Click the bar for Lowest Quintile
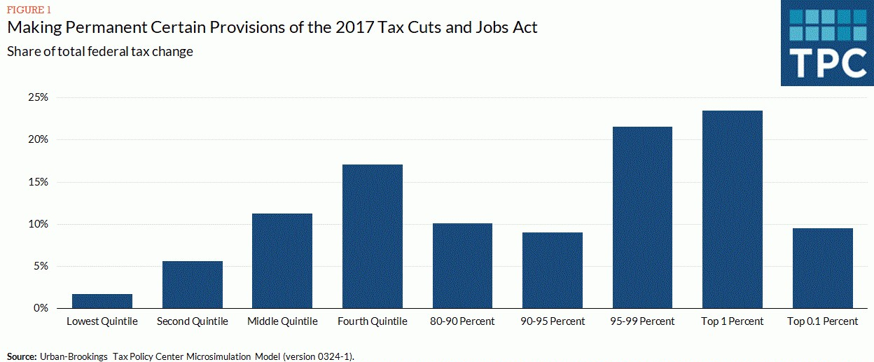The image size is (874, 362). pos(102,301)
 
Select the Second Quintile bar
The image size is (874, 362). pos(193,285)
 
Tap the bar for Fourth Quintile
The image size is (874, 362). pos(373,237)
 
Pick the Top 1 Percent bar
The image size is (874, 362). pos(733,209)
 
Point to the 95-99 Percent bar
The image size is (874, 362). pos(642,218)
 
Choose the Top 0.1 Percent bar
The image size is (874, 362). pos(823,268)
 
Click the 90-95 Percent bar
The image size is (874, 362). pos(553,270)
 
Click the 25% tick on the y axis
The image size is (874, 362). pos(38,97)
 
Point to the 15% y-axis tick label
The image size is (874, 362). pos(38,182)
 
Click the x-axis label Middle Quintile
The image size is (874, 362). pos(282,321)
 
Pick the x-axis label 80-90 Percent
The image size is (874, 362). pos(462,321)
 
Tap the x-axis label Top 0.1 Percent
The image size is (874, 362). pos(823,321)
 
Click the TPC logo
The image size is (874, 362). pos(827,43)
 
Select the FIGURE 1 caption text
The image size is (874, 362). pos(29,10)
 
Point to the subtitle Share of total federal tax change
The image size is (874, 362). pos(100,51)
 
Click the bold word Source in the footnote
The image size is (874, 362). pos(21,356)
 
